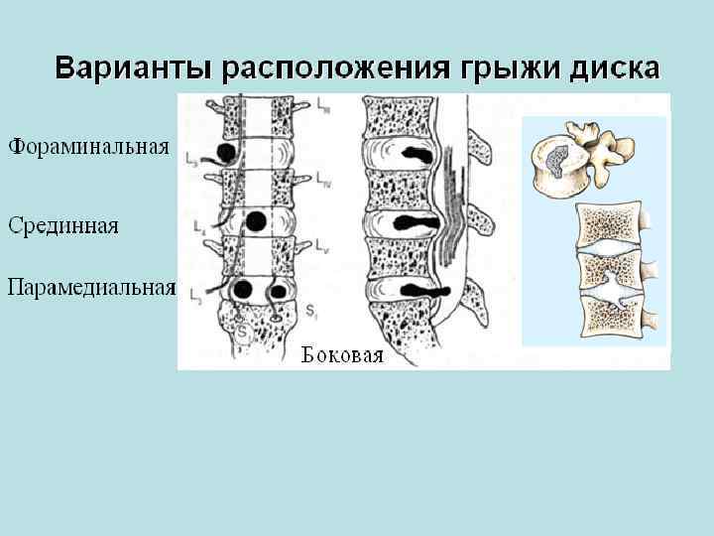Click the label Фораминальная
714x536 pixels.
coord(89,150)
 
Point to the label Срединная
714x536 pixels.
coord(63,225)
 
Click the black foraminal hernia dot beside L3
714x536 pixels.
coord(227,153)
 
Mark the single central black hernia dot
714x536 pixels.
coord(256,220)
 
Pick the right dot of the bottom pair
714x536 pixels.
coord(279,291)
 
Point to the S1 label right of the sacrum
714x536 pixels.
coord(310,314)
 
